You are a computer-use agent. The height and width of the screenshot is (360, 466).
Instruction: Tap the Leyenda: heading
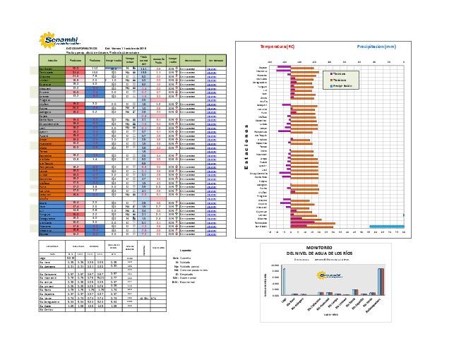point(187,251)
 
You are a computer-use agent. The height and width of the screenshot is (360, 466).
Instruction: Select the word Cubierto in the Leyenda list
point(186,258)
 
